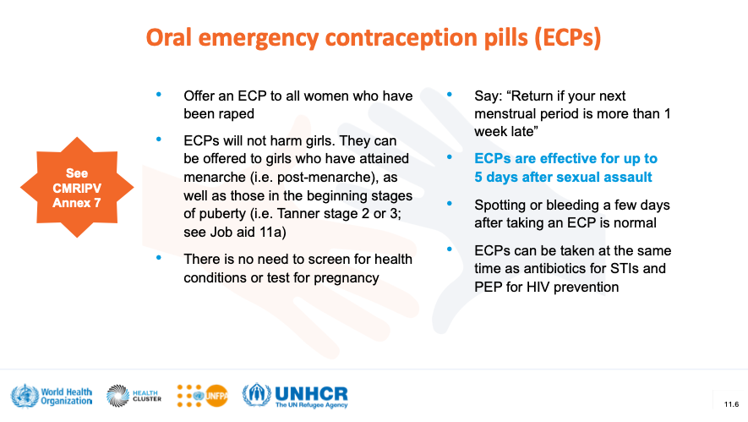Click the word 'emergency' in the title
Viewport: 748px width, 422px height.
[x=258, y=38]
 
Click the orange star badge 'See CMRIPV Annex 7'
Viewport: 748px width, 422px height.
[x=77, y=188]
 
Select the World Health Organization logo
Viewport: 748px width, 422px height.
[x=52, y=397]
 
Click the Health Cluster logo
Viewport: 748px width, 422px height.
[x=134, y=396]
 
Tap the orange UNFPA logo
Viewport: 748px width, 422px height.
[x=202, y=396]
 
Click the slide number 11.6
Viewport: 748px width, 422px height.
[x=731, y=404]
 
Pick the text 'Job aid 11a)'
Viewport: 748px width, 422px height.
[x=248, y=232]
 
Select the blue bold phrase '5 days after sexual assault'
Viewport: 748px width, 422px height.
[x=563, y=177]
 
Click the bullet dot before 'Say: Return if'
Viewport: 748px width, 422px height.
[x=450, y=95]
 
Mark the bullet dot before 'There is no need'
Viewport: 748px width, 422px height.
[x=159, y=258]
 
